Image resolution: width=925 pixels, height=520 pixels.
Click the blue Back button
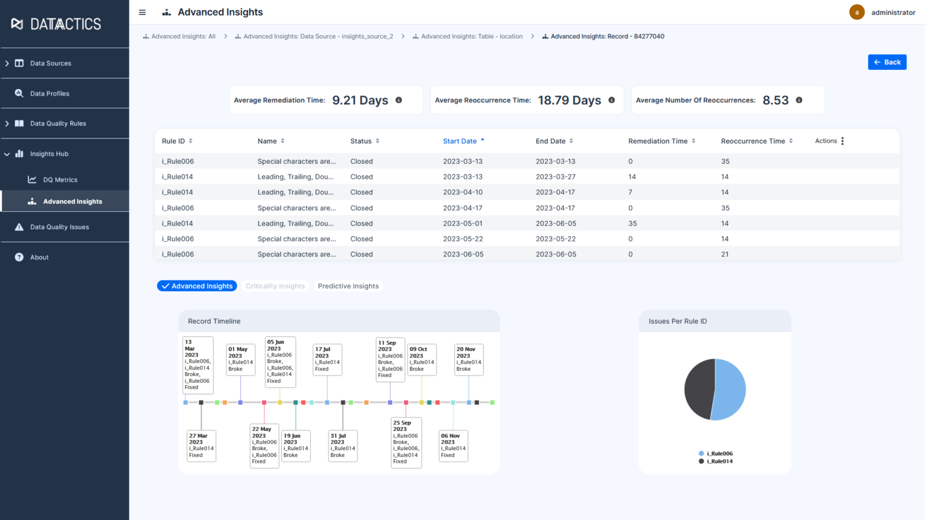(886, 62)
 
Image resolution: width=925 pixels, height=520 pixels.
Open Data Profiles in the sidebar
(49, 93)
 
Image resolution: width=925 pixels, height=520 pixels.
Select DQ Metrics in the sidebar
(60, 179)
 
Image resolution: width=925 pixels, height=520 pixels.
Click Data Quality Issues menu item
(59, 227)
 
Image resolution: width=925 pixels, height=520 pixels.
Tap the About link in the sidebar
(39, 257)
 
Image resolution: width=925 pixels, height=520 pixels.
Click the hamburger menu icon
(142, 12)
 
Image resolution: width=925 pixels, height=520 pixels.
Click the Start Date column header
(459, 141)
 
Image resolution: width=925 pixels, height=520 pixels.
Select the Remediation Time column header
(658, 141)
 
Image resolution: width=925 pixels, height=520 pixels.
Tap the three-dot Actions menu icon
(842, 141)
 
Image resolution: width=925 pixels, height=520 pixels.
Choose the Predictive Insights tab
(348, 286)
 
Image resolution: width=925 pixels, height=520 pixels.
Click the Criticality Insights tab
(275, 286)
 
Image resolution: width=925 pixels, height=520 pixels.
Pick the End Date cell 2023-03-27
(555, 177)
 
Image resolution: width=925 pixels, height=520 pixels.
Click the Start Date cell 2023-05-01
(462, 223)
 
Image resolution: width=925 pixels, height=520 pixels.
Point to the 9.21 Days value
(360, 100)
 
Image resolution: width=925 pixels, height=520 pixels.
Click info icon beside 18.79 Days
(611, 100)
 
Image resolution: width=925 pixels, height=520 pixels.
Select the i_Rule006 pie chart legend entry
(719, 453)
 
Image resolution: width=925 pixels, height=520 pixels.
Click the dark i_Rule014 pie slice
(699, 389)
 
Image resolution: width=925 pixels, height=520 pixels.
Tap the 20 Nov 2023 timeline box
(469, 359)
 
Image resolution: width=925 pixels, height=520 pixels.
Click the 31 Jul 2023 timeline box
(343, 445)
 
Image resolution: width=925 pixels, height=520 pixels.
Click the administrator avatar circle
(856, 12)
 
